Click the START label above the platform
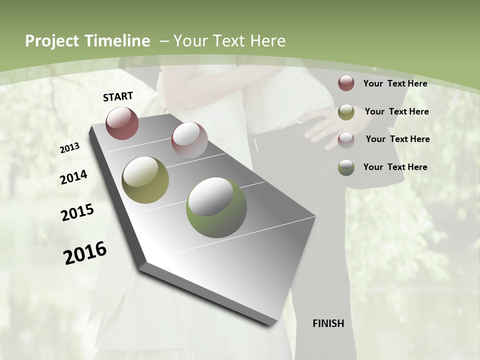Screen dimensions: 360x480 pyautogui.click(x=118, y=96)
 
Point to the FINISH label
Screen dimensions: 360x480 pyautogui.click(x=328, y=323)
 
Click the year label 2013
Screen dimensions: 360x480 pyautogui.click(x=70, y=147)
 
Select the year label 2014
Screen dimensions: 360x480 pyautogui.click(x=73, y=177)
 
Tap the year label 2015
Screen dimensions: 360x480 pyautogui.click(x=77, y=212)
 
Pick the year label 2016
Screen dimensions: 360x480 pyautogui.click(x=85, y=253)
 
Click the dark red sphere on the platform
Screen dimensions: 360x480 pyautogui.click(x=122, y=123)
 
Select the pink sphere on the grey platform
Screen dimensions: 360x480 pyautogui.click(x=189, y=140)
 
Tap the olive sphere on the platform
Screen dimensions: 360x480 pyautogui.click(x=145, y=179)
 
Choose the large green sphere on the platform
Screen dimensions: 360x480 pyautogui.click(x=216, y=207)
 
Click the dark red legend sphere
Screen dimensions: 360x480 pyautogui.click(x=346, y=83)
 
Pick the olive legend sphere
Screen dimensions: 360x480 pyautogui.click(x=346, y=112)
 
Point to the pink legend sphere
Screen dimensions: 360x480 pyautogui.click(x=346, y=139)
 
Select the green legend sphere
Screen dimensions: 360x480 pyautogui.click(x=346, y=167)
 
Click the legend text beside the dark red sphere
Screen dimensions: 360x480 pyautogui.click(x=395, y=83)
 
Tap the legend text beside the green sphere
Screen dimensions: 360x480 pyautogui.click(x=395, y=167)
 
